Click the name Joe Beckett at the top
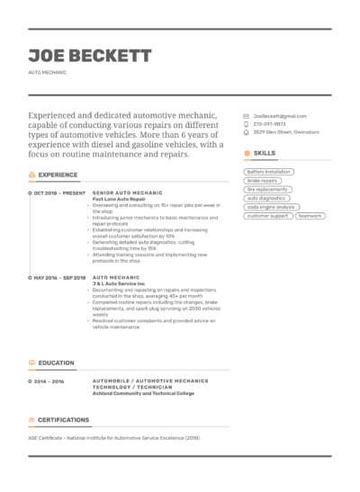90,56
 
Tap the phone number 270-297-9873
269,124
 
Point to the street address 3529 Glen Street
285,131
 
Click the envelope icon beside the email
247,117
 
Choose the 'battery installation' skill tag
269,172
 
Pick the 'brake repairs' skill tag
263,181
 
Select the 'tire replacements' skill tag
267,190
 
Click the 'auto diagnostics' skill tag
266,198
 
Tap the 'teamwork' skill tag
310,216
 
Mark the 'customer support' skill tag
268,216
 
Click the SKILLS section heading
264,153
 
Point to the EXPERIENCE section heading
58,174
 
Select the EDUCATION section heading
56,363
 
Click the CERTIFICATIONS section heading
63,419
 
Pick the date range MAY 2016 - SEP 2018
60,278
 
